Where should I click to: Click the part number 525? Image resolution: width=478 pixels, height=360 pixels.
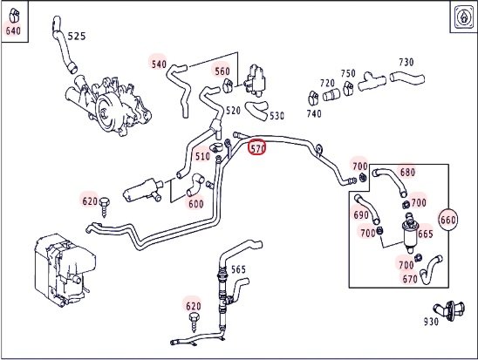pos(77,37)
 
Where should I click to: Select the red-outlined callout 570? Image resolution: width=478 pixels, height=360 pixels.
pos(257,148)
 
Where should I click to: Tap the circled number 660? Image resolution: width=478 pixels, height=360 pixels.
pos(447,220)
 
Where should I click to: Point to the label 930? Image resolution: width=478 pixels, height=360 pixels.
pos(431,322)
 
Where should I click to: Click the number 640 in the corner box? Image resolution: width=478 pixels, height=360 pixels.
pos(13,31)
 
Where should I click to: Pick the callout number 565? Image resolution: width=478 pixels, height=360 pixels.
pos(238,269)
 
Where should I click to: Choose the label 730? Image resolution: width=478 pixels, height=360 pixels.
pos(406,62)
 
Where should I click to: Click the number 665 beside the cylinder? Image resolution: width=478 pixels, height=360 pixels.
pos(426,234)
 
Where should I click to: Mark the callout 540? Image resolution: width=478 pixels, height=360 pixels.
pos(159,64)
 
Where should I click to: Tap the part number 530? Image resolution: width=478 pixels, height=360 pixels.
pos(277,116)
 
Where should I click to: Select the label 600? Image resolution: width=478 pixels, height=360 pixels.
pos(196,204)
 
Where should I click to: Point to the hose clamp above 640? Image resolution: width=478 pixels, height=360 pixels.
pos(14,15)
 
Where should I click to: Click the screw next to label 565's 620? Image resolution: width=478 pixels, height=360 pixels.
pos(194,323)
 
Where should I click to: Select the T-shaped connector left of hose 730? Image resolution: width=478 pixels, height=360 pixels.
pos(372,81)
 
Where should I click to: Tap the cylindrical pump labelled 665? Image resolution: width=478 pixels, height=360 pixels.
pos(409,234)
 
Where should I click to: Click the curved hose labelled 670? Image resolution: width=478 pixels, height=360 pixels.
pos(431,269)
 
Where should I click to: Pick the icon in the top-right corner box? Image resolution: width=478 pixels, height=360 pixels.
pos(464,17)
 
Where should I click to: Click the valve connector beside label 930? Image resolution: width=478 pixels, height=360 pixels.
pos(449,310)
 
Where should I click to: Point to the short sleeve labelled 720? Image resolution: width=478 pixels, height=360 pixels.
pos(331,95)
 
